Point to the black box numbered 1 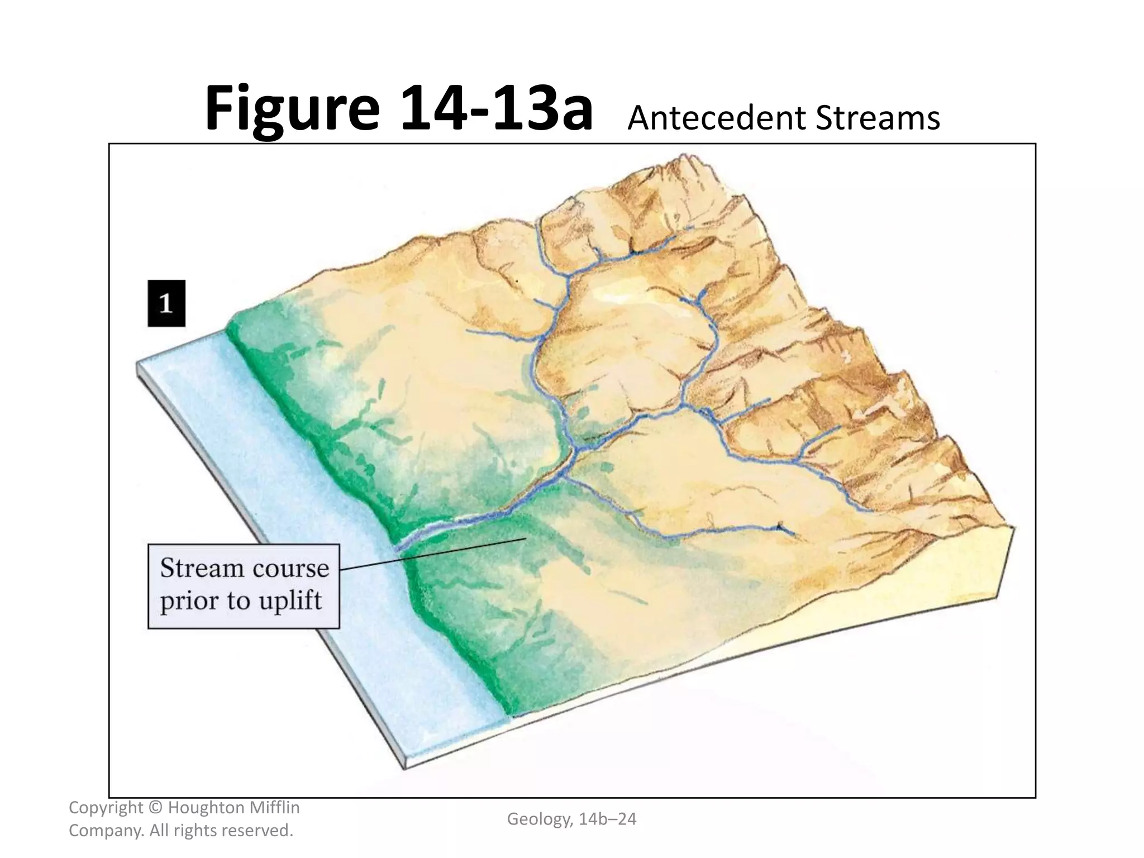coord(166,303)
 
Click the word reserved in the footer coord(257,831)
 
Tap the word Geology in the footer coord(539,819)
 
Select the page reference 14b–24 coord(608,819)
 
